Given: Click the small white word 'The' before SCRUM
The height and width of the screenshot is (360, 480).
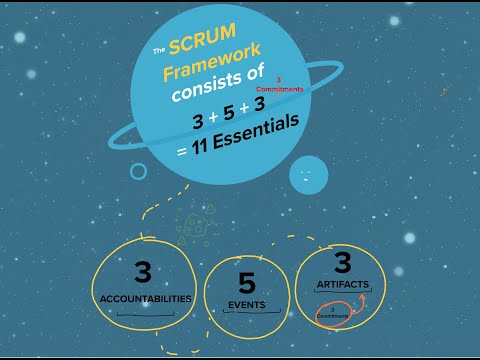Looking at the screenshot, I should (158, 50).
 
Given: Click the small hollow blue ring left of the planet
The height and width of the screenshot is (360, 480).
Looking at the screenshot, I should (138, 171).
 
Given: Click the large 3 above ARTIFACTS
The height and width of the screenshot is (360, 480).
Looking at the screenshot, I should (342, 263).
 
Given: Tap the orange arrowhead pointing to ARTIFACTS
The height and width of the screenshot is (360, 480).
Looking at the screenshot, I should (357, 297).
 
